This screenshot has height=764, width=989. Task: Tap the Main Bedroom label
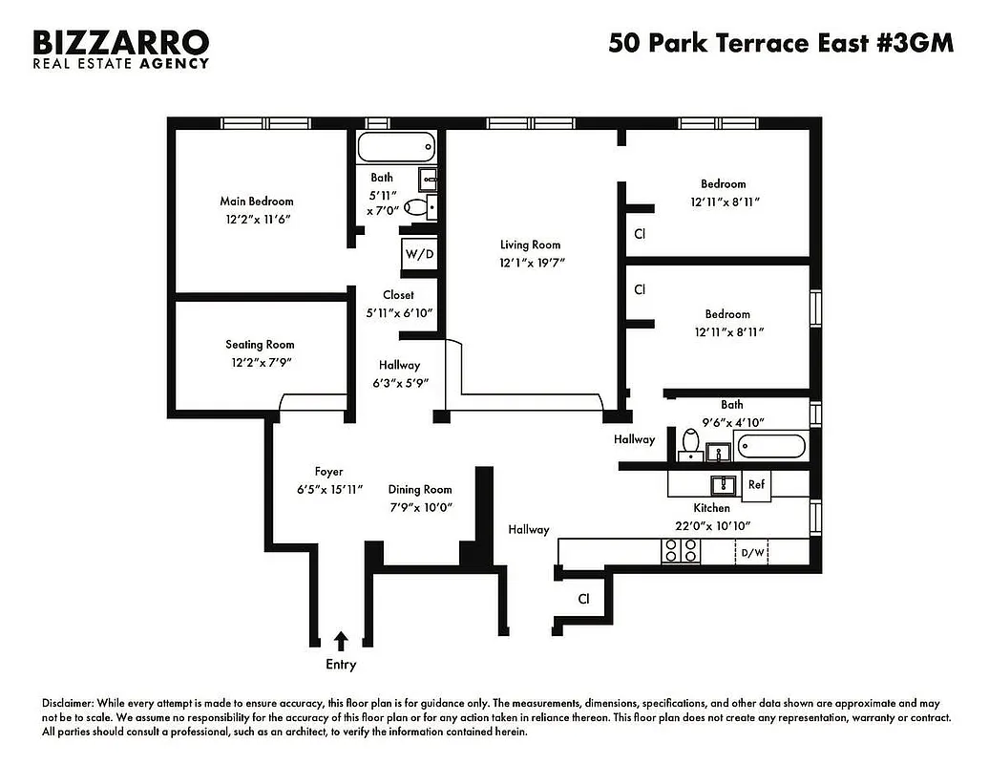257,202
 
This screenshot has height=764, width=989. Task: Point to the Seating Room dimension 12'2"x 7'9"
260,362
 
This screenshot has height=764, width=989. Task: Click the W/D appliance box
417,254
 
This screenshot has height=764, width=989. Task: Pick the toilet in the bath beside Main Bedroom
418,205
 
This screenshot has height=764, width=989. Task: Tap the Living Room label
531,245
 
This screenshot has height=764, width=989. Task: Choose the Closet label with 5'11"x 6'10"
398,295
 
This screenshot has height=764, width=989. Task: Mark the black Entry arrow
341,640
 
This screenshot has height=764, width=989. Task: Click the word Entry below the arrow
341,665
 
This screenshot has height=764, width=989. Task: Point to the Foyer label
328,472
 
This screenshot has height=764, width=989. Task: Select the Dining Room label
420,490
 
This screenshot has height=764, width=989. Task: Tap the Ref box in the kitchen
756,484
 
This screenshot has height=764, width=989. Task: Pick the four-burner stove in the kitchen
681,550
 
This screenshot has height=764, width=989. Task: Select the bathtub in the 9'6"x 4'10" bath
770,447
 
